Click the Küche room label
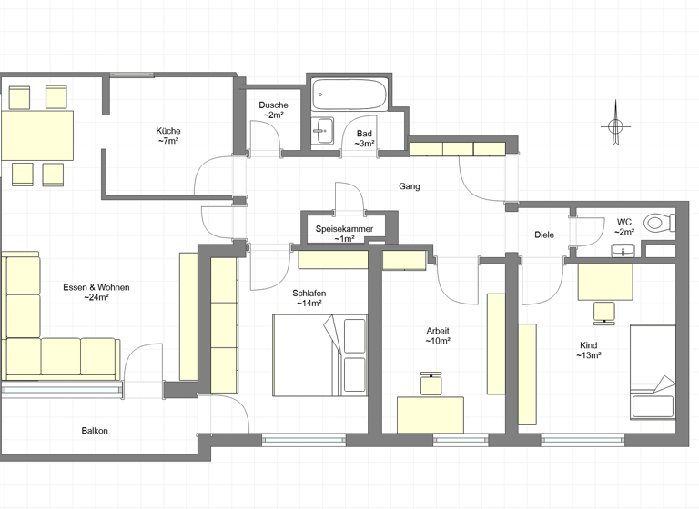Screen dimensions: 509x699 tap(167, 130)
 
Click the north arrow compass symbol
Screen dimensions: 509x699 tap(615, 126)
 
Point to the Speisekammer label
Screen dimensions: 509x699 tap(344, 228)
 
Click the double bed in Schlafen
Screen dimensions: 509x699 tap(319, 355)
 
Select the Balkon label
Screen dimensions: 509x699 tap(95, 431)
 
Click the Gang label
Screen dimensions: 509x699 tap(410, 186)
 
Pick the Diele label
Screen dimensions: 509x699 tap(544, 235)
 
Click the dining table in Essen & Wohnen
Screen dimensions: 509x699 tap(37, 135)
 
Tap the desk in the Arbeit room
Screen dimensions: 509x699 tap(431, 414)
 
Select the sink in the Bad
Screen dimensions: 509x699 tap(323, 131)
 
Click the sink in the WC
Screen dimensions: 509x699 tap(623, 251)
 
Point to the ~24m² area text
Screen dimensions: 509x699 tap(96, 297)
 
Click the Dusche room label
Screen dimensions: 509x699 tap(273, 105)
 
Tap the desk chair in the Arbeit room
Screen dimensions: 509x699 tap(431, 383)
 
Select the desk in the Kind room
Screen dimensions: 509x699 tap(605, 281)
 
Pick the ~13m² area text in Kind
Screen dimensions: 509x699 tap(590, 355)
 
